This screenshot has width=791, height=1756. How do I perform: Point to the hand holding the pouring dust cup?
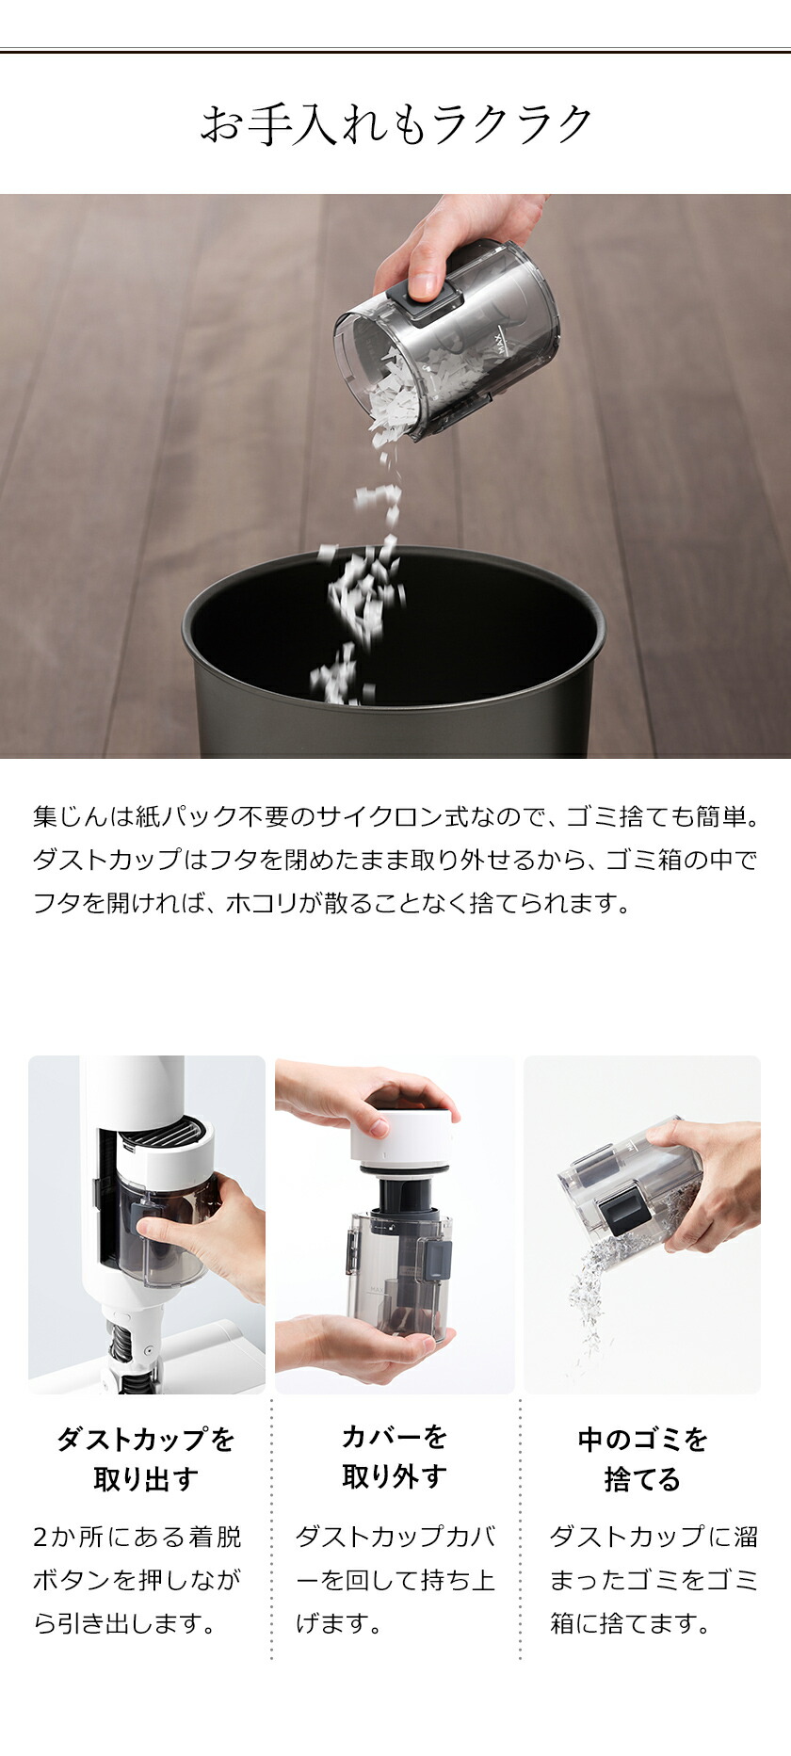point(443,235)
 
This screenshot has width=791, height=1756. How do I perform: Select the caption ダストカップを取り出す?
point(146,1458)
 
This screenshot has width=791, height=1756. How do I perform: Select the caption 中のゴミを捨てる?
point(642,1458)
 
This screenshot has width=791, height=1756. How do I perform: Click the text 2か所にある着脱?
point(137,1537)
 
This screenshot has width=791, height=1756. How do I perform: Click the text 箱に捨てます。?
point(630,1623)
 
